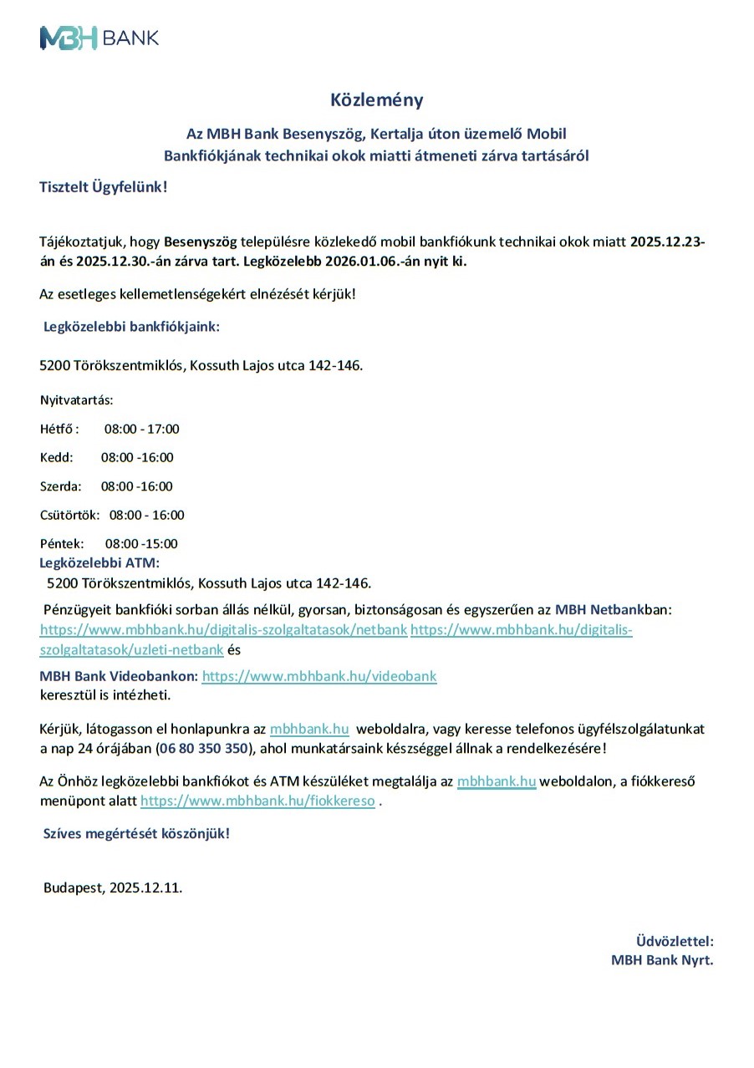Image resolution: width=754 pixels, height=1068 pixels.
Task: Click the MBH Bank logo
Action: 99,38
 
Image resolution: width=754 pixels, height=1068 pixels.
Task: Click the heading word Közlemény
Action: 376,100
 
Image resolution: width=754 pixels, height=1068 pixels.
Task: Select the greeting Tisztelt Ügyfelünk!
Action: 104,186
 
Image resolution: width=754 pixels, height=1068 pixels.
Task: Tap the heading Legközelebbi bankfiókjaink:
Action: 131,327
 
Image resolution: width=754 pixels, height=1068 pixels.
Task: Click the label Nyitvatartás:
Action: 76,400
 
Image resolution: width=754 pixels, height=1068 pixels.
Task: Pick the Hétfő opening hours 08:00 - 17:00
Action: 141,430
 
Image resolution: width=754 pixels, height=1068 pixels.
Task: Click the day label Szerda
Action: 60,486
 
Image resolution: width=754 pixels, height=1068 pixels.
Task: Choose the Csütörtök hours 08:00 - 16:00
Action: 146,515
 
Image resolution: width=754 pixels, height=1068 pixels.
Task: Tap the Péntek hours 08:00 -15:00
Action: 141,544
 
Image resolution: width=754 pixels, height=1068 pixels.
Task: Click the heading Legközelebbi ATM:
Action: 99,562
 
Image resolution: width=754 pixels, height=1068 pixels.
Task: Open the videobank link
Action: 319,676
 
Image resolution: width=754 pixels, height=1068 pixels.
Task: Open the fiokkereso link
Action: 257,801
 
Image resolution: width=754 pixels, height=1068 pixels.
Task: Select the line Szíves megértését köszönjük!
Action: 136,833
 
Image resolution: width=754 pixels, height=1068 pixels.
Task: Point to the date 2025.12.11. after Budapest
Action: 145,887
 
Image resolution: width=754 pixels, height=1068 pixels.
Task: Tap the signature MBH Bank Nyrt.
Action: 662,960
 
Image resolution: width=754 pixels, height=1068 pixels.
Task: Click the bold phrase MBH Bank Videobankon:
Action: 119,676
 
